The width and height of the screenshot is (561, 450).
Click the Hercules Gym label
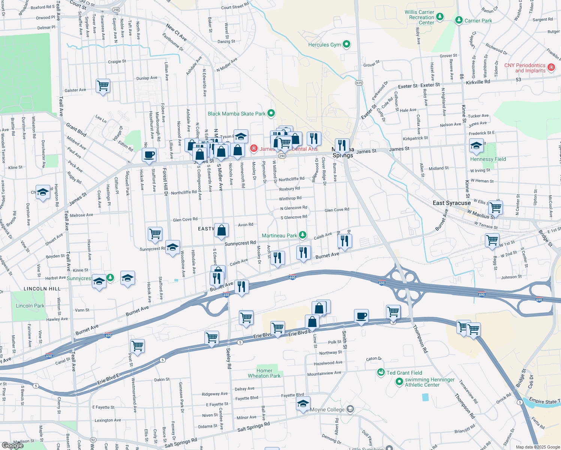pyautogui.click(x=324, y=45)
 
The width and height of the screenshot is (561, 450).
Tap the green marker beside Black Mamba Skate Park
pyautogui.click(x=271, y=113)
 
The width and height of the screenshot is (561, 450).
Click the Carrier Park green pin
pyautogui.click(x=458, y=20)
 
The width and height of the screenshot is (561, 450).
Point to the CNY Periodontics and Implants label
pyautogui.click(x=525, y=68)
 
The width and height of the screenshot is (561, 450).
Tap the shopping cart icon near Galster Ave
pyautogui.click(x=103, y=85)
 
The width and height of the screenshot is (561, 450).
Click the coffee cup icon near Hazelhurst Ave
pyautogui.click(x=149, y=154)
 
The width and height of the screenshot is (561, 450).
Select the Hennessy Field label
pyautogui.click(x=488, y=159)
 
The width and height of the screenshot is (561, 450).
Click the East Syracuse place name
pyautogui.click(x=451, y=203)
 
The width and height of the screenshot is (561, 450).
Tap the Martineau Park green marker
pyautogui.click(x=303, y=235)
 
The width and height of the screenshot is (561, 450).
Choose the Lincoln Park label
pyautogui.click(x=30, y=306)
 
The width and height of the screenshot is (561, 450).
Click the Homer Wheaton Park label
pyautogui.click(x=264, y=373)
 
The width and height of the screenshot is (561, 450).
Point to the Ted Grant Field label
pyautogui.click(x=404, y=373)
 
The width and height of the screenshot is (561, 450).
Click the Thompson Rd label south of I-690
pyautogui.click(x=420, y=339)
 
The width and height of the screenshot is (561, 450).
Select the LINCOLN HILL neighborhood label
pyautogui.click(x=42, y=289)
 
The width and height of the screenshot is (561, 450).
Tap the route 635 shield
pyautogui.click(x=359, y=83)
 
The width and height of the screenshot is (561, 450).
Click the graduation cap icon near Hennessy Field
pyautogui.click(x=476, y=145)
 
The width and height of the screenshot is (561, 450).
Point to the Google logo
pyautogui.click(x=12, y=445)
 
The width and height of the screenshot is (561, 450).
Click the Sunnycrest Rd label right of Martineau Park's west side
pyautogui.click(x=240, y=243)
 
